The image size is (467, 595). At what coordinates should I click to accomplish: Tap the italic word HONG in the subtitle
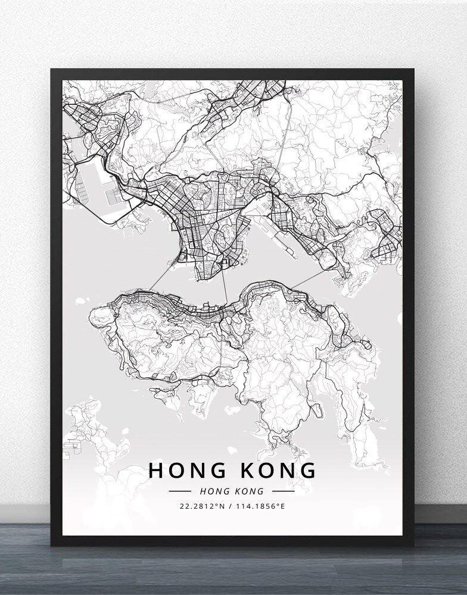coord(214,491)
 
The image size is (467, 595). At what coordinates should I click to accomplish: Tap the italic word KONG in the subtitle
coord(250,491)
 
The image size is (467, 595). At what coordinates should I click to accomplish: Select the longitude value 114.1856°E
coord(263,507)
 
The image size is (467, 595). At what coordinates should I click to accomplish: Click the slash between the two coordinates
coord(231,507)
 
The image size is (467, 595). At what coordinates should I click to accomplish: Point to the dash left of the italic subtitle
coord(180,491)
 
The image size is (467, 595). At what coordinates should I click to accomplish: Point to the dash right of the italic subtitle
coord(283,491)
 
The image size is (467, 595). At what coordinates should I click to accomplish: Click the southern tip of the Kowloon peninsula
coord(203,275)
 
